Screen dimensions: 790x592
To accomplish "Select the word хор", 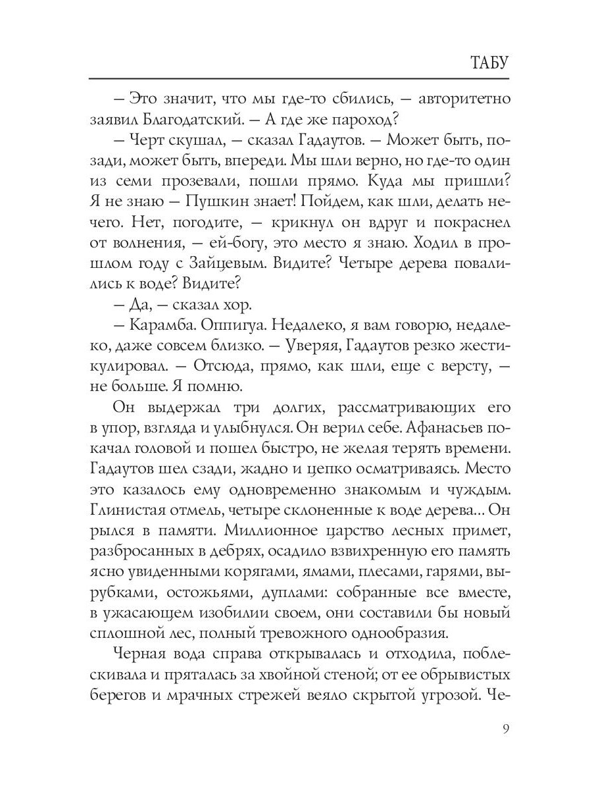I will point(231,303).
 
